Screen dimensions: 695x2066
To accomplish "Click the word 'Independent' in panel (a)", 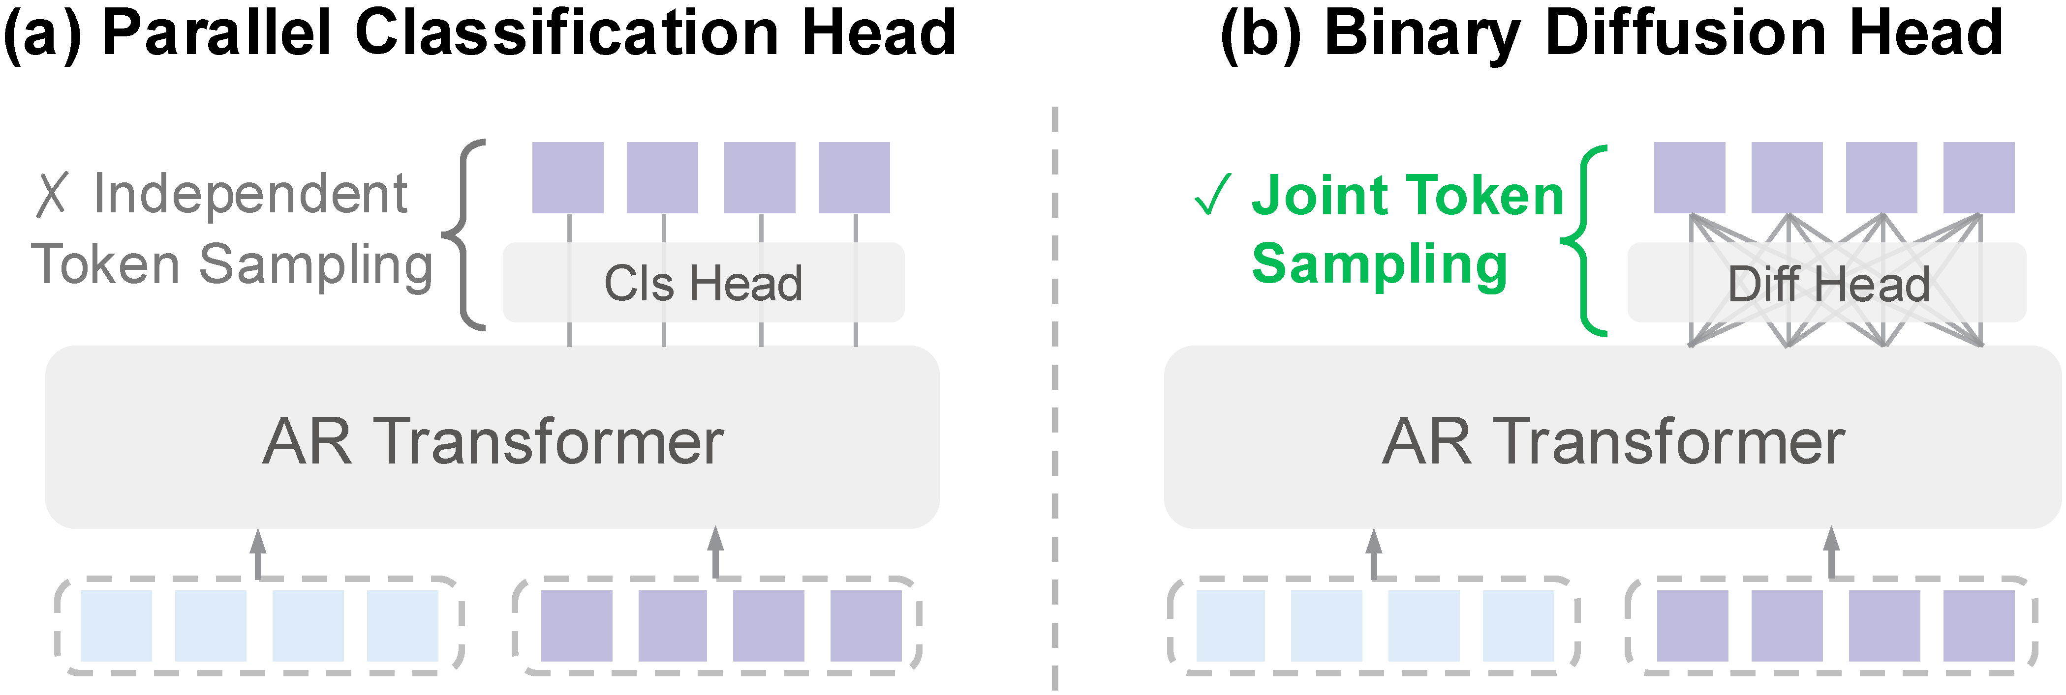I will click(250, 194).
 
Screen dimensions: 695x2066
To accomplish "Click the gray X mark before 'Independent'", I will click(52, 195).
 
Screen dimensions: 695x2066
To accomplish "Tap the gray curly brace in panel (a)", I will click(463, 235).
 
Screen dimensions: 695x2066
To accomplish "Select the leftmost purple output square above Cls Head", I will click(568, 178).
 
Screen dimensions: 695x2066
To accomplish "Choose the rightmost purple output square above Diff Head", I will click(1978, 178).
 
